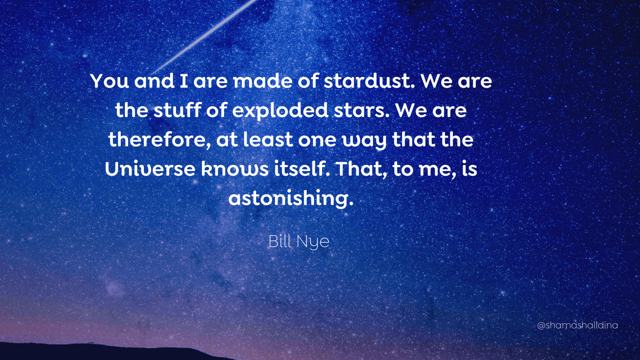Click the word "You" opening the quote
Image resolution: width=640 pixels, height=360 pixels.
pyautogui.click(x=109, y=81)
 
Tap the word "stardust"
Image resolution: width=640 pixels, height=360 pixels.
pyautogui.click(x=368, y=81)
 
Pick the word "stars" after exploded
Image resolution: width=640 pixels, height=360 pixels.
pyautogui.click(x=361, y=110)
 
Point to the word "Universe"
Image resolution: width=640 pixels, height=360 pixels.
pyautogui.click(x=150, y=169)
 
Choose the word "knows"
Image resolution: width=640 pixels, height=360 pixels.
pyautogui.click(x=234, y=169)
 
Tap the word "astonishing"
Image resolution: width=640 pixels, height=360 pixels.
pyautogui.click(x=290, y=198)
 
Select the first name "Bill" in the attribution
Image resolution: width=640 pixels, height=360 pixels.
pyautogui.click(x=279, y=241)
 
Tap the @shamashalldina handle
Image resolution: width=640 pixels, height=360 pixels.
pyautogui.click(x=577, y=325)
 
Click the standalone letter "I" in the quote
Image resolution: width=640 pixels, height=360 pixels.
pyautogui.click(x=184, y=81)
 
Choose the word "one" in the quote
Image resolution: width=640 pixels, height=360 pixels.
pyautogui.click(x=317, y=140)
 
